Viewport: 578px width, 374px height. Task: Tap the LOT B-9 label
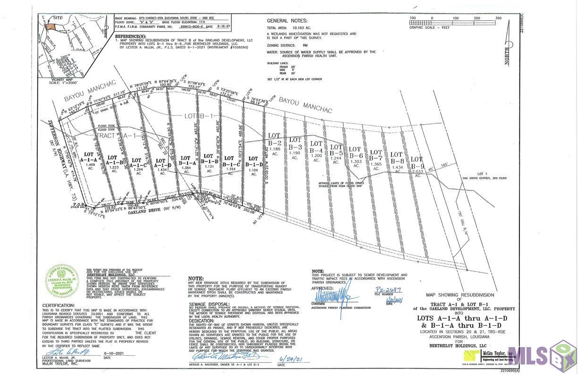point(416,163)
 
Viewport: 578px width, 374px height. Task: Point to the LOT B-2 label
point(275,139)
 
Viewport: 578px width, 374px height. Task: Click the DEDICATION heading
point(202,320)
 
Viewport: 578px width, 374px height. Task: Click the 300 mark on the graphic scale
point(498,18)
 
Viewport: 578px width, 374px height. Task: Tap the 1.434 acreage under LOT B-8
point(397,168)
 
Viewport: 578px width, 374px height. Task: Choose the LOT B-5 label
point(336,150)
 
